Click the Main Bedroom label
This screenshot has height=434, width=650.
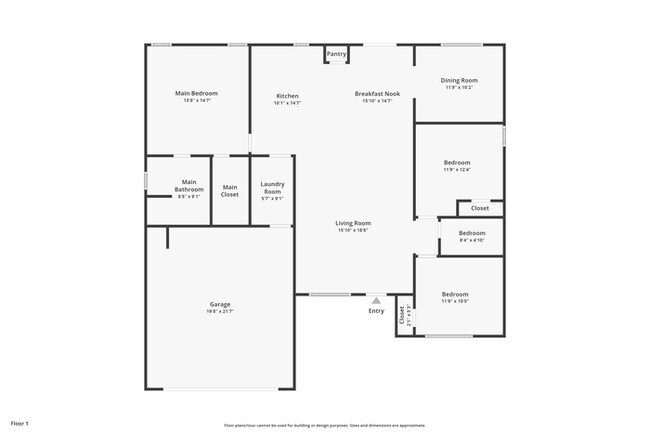click(196, 93)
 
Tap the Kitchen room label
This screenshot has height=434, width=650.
click(287, 95)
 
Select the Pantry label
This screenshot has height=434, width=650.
click(336, 53)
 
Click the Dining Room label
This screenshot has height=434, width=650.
click(459, 80)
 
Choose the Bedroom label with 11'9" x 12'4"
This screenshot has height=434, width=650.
click(456, 162)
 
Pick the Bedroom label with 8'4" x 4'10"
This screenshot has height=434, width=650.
click(472, 233)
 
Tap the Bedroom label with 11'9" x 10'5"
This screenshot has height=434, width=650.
click(455, 294)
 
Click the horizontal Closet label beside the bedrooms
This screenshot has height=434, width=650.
click(480, 208)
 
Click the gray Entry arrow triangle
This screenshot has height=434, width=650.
click(376, 299)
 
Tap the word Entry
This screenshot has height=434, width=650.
click(376, 311)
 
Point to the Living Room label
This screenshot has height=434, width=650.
click(353, 223)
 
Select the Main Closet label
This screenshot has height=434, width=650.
click(230, 190)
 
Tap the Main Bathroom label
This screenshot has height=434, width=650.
click(189, 186)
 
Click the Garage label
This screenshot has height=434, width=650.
click(220, 304)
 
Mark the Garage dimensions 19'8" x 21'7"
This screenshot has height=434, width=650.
click(220, 312)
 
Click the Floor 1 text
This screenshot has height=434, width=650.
click(20, 422)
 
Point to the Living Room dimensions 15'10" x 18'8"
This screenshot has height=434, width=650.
click(353, 231)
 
